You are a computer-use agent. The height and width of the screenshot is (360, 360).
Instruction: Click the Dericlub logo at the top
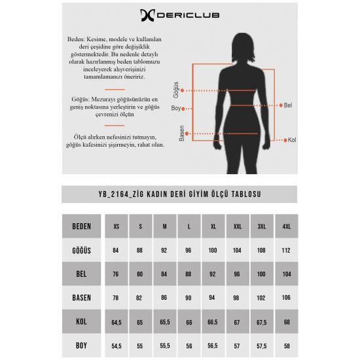(x=179, y=16)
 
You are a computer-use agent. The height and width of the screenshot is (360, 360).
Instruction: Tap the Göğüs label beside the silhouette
(x=176, y=90)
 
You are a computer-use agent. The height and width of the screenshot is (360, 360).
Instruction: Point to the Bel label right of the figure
(x=288, y=105)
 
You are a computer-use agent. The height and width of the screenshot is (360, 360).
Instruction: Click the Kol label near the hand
(x=292, y=140)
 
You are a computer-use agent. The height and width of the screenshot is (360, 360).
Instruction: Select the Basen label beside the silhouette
(x=181, y=133)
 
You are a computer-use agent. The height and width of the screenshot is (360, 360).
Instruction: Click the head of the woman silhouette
(x=243, y=48)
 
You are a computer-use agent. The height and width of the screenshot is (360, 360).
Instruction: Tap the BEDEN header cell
(x=82, y=226)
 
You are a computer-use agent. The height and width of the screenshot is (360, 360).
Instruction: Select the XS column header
(x=117, y=226)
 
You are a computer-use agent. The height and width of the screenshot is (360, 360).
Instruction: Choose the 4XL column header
(x=287, y=226)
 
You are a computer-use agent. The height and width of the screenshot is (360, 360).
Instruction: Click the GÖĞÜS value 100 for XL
(x=213, y=250)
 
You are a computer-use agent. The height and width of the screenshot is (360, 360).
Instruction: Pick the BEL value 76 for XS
(x=116, y=274)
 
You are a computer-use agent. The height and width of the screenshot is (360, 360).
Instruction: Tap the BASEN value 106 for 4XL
(x=286, y=298)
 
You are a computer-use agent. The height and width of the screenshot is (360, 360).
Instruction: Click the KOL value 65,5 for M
(x=165, y=322)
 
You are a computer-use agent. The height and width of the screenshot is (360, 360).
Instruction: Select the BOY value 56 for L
(x=189, y=346)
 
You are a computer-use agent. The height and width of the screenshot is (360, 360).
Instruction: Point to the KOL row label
(x=82, y=321)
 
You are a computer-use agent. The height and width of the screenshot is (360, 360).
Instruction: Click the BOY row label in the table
(x=82, y=346)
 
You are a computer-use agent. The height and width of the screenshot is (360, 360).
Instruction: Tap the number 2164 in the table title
(x=120, y=194)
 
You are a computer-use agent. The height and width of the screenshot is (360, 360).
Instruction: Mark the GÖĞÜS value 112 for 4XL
(x=286, y=250)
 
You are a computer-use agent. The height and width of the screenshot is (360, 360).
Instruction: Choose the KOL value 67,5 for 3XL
(x=262, y=322)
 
